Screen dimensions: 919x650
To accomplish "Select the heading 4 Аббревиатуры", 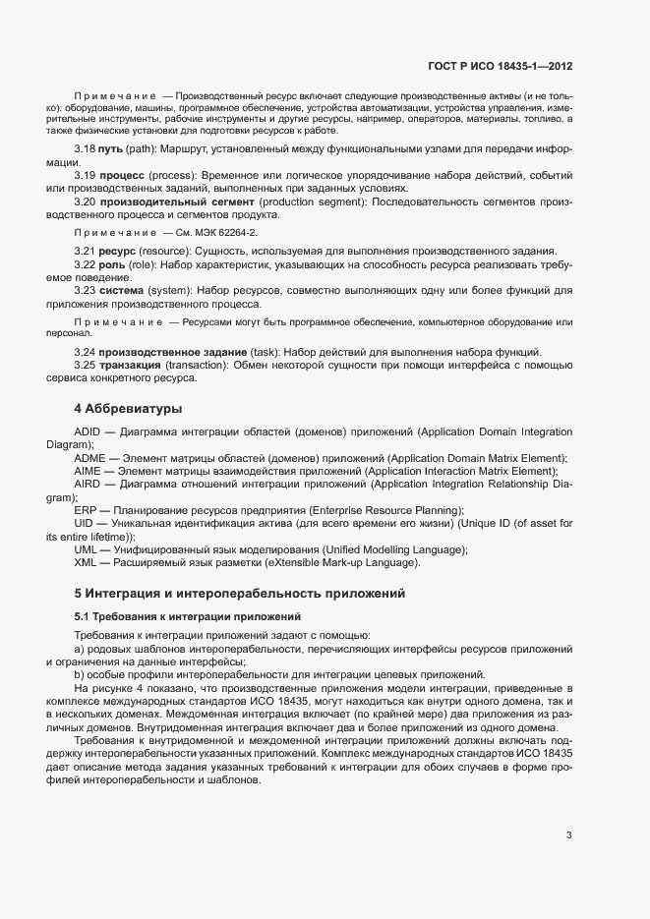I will [x=129, y=408].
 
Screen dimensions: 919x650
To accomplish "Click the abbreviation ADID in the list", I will [x=87, y=432].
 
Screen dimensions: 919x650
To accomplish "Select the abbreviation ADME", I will [x=88, y=458].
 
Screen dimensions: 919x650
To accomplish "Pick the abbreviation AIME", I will [x=87, y=471].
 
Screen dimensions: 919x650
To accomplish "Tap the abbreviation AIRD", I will [x=87, y=485].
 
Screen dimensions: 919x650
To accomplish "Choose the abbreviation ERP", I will [x=85, y=510].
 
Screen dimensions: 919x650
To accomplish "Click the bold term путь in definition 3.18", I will [x=111, y=148].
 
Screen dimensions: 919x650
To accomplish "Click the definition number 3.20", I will [x=84, y=201].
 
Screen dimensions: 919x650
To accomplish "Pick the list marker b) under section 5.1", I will [x=80, y=674].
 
